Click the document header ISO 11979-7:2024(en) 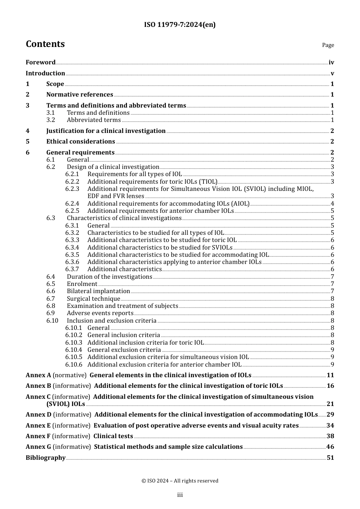(x=180, y=25)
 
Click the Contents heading (x=45, y=44)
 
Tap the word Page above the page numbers (x=328, y=45)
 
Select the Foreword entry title (x=41, y=62)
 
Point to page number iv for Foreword (x=331, y=62)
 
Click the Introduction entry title (x=45, y=73)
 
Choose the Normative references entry (x=80, y=95)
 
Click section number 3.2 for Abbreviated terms (x=51, y=120)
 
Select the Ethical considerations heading (x=81, y=142)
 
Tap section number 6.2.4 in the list (x=72, y=203)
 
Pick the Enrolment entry (x=82, y=284)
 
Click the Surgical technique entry (x=94, y=299)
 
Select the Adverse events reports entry (x=100, y=313)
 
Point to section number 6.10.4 (x=74, y=350)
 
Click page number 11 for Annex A (x=330, y=375)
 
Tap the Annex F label (x=38, y=436)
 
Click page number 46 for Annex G (x=330, y=447)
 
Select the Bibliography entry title (x=45, y=458)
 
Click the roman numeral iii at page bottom (x=180, y=495)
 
